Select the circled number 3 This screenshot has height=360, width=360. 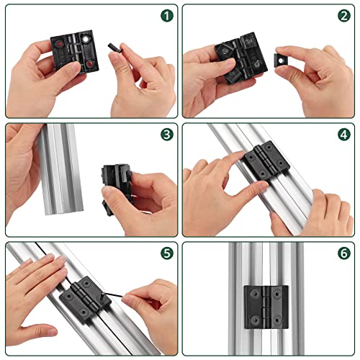pos(166,135)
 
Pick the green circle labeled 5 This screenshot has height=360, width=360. pos(166,253)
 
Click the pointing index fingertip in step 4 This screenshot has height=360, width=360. pos(238,161)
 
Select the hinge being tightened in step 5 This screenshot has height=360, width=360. pos(84,299)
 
